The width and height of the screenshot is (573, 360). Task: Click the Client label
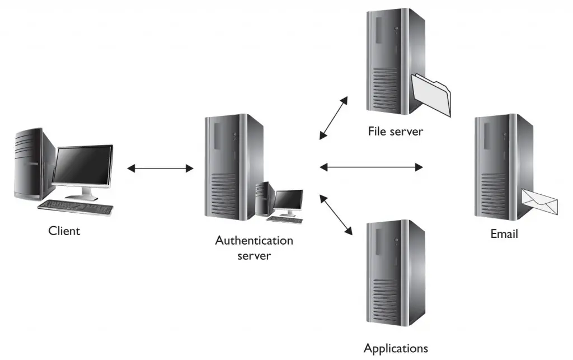[64, 230]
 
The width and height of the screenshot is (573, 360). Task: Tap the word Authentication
[254, 241]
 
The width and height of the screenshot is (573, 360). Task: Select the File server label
[395, 132]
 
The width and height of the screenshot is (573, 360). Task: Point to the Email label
[504, 233]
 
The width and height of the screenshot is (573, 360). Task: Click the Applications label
[396, 348]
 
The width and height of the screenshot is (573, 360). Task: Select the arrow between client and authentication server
[160, 168]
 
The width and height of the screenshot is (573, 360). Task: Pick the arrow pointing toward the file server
[334, 118]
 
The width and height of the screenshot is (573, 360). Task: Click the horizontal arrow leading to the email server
[370, 166]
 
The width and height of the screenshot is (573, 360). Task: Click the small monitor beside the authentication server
[288, 200]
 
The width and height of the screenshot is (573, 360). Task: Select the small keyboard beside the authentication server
[285, 219]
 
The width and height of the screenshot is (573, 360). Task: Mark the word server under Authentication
[254, 256]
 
